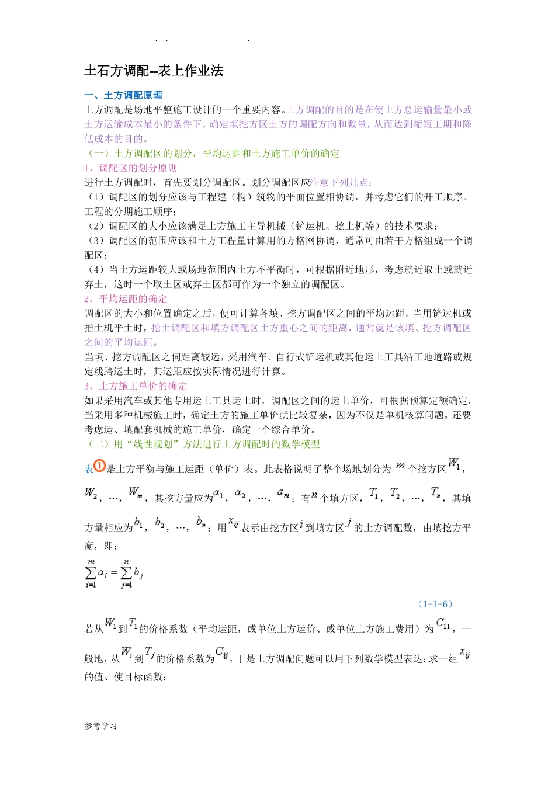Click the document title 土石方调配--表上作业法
coord(154,71)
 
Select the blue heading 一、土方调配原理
coord(123,95)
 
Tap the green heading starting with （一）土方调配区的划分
coord(213,154)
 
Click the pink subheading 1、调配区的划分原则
coord(130,168)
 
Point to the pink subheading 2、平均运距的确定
coord(126,299)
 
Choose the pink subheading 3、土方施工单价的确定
coord(136,386)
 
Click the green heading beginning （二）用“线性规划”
coord(203,444)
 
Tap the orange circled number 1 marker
coord(100,467)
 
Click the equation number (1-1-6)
coord(436,605)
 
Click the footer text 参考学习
coord(101,726)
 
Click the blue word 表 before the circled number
coord(89,469)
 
